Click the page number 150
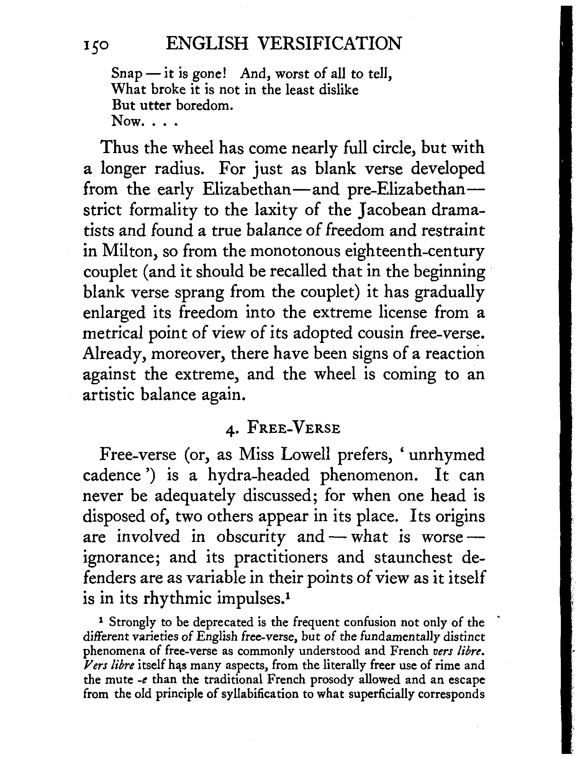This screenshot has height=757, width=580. pos(96,45)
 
